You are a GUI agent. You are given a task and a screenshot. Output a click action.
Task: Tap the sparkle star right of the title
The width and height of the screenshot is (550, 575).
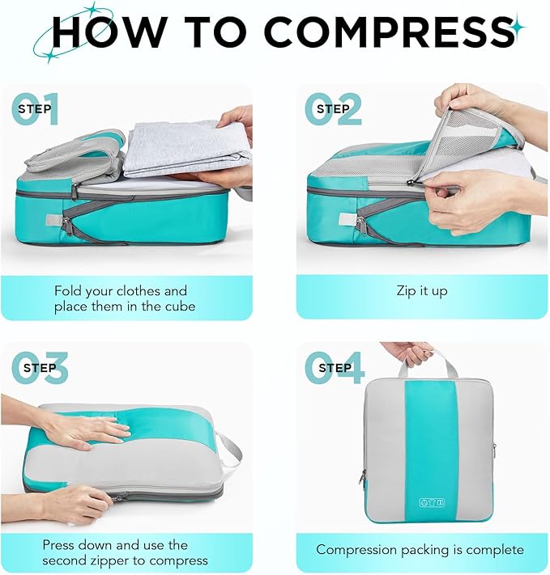[516, 29]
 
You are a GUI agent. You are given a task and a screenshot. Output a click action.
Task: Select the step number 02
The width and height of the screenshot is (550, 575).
[333, 110]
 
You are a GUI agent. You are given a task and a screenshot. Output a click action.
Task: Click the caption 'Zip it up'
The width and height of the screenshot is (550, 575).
[421, 291]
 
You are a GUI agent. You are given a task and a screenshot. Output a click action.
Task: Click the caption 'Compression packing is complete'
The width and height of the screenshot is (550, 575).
[420, 549]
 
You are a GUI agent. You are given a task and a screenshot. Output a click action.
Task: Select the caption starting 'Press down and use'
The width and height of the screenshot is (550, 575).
[125, 552]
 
